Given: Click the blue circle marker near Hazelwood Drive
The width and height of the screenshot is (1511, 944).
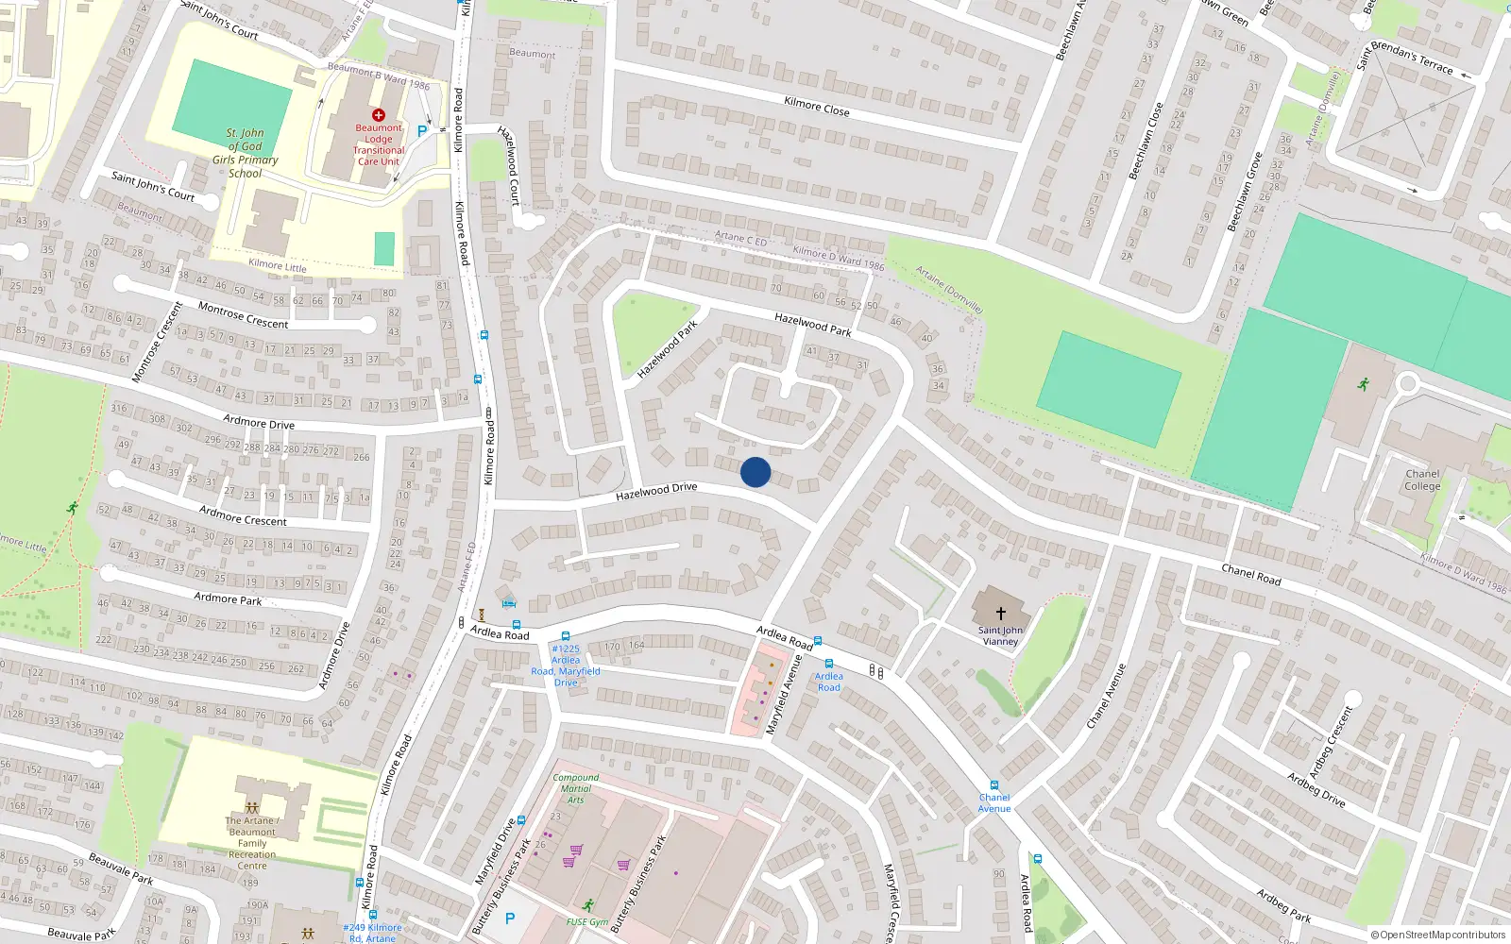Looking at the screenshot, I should (755, 472).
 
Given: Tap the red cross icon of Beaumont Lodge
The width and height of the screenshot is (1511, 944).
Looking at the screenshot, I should (379, 115).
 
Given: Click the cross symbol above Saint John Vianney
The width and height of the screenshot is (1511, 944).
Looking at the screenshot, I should (1000, 613).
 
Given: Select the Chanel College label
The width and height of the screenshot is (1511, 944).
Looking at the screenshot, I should (1422, 480).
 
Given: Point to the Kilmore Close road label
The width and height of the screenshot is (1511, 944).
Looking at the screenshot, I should (817, 106).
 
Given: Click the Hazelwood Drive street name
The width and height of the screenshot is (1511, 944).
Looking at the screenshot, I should (656, 491).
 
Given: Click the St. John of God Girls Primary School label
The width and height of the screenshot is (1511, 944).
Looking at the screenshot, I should (246, 153).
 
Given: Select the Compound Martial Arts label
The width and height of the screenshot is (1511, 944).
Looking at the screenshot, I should (576, 788).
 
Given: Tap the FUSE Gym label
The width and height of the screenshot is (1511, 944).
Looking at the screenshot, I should (587, 921).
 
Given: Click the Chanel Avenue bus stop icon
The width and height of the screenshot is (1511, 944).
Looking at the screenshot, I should (993, 784).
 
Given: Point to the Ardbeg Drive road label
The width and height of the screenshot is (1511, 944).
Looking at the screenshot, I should (1316, 789).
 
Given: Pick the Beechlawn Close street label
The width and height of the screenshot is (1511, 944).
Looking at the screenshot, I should (1146, 141).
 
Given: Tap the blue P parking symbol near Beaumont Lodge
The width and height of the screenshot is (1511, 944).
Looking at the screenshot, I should (421, 131).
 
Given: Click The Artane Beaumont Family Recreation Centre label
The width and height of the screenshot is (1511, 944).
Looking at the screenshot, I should (252, 843).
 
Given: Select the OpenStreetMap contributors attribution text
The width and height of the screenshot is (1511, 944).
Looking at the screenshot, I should (1438, 935).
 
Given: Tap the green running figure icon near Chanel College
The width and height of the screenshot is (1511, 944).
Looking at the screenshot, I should (1363, 384).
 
